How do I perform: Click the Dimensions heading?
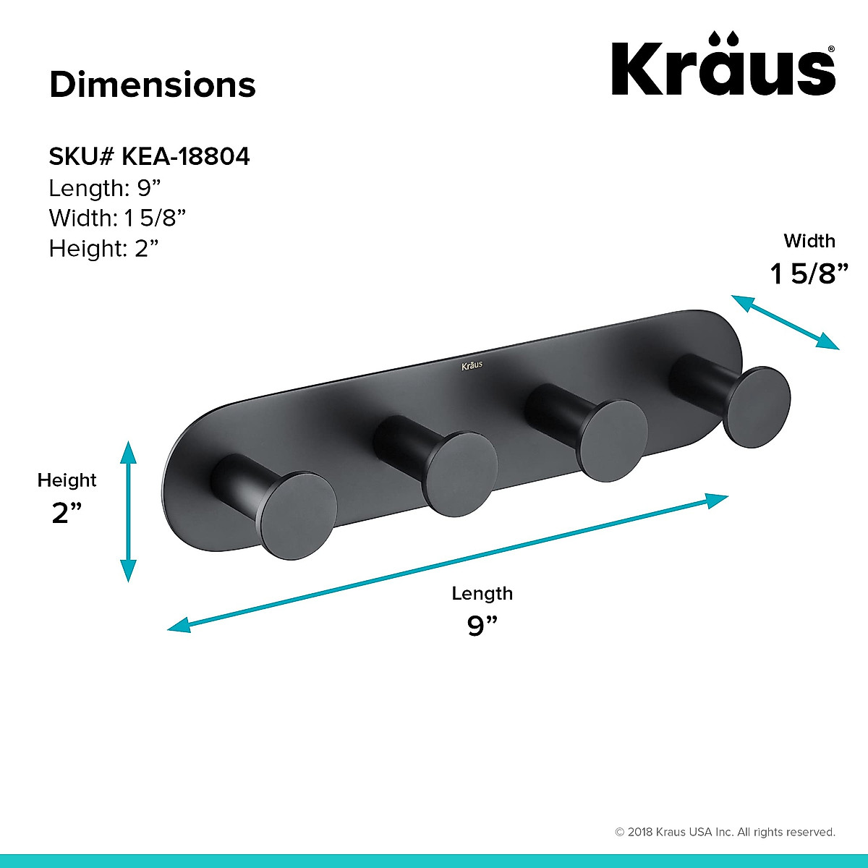pyautogui.click(x=153, y=85)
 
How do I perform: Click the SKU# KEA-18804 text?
pyautogui.click(x=149, y=156)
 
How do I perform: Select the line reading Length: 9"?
pyautogui.click(x=104, y=188)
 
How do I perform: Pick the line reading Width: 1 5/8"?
pyautogui.click(x=118, y=218)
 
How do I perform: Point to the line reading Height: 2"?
pyautogui.click(x=103, y=248)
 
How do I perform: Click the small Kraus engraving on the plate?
pyautogui.click(x=472, y=366)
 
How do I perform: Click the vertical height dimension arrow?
pyautogui.click(x=128, y=511)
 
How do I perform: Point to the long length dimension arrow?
pyautogui.click(x=447, y=563)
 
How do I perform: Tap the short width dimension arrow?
pyautogui.click(x=785, y=323)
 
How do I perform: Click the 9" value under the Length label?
pyautogui.click(x=482, y=625)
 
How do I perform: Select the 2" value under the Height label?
pyautogui.click(x=67, y=513)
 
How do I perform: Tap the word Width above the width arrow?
pyautogui.click(x=809, y=241)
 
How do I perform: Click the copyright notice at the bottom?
pyautogui.click(x=725, y=833)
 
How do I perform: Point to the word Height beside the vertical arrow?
pyautogui.click(x=67, y=480)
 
